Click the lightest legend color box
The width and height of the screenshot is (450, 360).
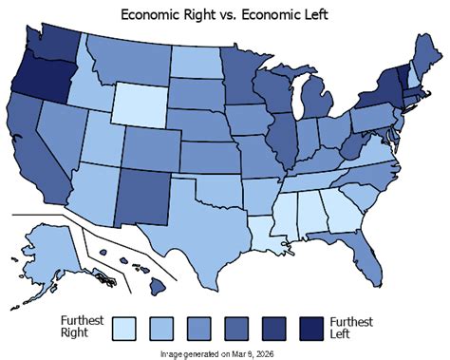[125, 327]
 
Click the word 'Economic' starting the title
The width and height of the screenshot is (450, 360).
[150, 12]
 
